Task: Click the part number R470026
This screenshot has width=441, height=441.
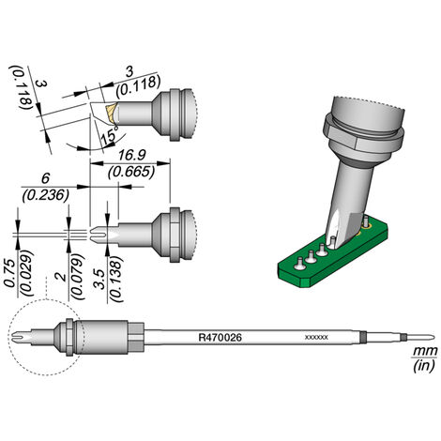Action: (x=220, y=338)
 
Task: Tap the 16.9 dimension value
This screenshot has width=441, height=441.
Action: (x=131, y=155)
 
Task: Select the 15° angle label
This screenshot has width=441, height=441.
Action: (x=108, y=137)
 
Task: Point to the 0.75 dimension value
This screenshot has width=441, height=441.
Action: (x=10, y=273)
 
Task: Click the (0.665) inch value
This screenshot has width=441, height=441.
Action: (x=131, y=173)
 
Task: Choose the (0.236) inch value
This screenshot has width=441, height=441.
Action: (x=46, y=195)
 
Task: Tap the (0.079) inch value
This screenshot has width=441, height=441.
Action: (x=77, y=277)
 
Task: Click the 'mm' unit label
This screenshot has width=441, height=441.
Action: (x=425, y=351)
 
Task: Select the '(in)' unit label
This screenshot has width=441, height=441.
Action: (x=424, y=366)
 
